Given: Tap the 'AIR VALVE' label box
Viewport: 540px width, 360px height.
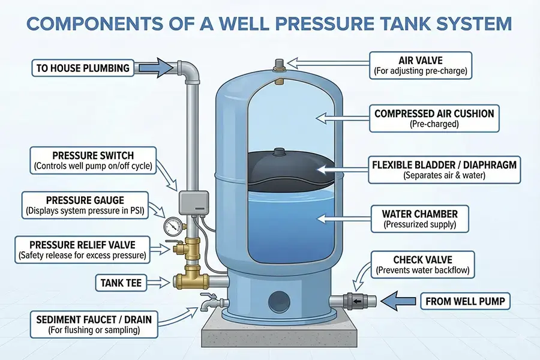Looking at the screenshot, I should [421, 65].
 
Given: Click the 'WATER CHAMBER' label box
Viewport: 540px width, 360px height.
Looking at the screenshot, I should [419, 219].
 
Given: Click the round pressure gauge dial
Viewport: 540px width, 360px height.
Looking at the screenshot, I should [172, 225].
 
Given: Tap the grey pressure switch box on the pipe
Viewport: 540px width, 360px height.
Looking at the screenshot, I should [191, 199].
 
